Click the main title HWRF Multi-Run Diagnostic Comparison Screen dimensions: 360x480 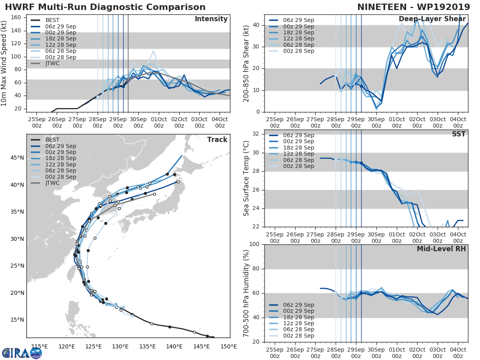click(105, 7)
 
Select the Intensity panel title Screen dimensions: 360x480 click(211, 19)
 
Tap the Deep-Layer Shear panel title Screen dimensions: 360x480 click(432, 19)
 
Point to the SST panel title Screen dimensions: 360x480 click(458, 134)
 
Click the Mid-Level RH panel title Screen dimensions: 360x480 click(441, 249)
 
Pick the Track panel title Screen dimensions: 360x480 click(217, 140)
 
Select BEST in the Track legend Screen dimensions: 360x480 click(52, 140)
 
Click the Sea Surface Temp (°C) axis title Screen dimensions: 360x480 click(246, 178)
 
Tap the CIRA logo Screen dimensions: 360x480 click(22, 353)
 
